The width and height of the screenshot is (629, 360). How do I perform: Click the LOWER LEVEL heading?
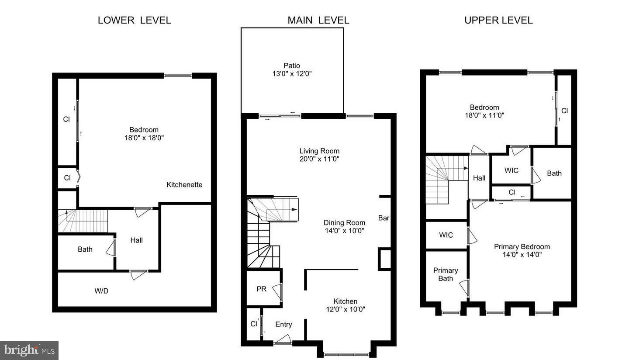[134, 20]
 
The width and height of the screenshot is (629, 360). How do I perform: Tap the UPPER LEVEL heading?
[498, 20]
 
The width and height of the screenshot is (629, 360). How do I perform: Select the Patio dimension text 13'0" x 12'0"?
[292, 74]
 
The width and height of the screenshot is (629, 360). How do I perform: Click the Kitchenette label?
[184, 185]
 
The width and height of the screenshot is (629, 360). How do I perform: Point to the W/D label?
[101, 291]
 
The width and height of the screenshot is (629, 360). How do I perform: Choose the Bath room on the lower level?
[85, 249]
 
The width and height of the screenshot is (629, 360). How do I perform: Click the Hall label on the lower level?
[136, 240]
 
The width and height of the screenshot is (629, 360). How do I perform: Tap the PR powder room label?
[261, 289]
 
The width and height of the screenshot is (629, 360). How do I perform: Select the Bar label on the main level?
[384, 218]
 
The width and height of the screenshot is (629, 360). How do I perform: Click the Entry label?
[283, 324]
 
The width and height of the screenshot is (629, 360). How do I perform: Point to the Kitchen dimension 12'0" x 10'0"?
[346, 309]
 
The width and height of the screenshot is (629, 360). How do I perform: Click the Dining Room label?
[344, 222]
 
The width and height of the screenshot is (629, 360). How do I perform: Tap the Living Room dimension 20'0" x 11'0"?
[319, 159]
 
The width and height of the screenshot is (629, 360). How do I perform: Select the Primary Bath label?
[446, 274]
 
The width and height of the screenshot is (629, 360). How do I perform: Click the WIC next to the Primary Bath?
[446, 235]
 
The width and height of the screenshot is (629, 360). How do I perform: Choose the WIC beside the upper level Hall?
[511, 170]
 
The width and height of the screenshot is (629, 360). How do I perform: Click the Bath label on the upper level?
[554, 173]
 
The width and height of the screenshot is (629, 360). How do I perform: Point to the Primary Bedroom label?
[522, 246]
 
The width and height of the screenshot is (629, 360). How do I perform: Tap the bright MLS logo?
[29, 350]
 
